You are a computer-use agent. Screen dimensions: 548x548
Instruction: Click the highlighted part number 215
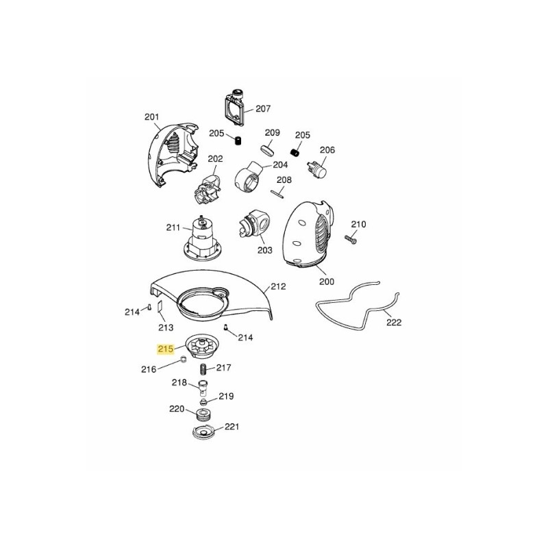pyautogui.click(x=166, y=349)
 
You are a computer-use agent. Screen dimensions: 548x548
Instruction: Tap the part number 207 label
pyautogui.click(x=263, y=109)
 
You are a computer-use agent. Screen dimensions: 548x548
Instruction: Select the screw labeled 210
pyautogui.click(x=350, y=239)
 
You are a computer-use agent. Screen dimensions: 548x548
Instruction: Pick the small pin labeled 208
pyautogui.click(x=277, y=194)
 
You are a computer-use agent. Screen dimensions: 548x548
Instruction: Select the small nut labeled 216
pyautogui.click(x=183, y=359)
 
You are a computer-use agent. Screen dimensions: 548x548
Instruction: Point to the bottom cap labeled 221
pyautogui.click(x=203, y=432)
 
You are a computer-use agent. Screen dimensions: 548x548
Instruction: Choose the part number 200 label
pyautogui.click(x=327, y=282)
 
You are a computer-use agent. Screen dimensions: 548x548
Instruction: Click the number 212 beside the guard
pyautogui.click(x=279, y=286)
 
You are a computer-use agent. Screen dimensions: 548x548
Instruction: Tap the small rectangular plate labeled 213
pyautogui.click(x=160, y=306)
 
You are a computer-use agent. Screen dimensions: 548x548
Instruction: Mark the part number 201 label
pyautogui.click(x=151, y=117)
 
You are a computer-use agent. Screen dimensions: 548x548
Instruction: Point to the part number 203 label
pyautogui.click(x=264, y=250)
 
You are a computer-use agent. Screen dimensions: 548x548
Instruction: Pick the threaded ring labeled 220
pyautogui.click(x=202, y=415)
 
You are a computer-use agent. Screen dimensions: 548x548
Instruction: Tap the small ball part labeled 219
pyautogui.click(x=203, y=401)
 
